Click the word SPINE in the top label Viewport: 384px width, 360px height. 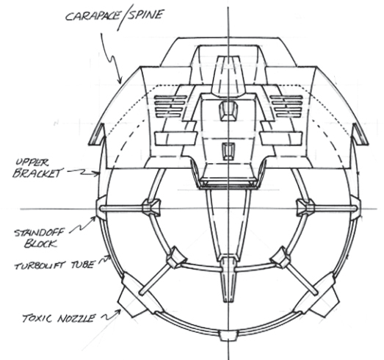click(145, 15)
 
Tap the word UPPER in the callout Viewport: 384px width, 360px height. click(32, 162)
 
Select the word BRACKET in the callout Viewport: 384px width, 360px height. click(37, 173)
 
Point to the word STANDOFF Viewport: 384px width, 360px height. click(39, 233)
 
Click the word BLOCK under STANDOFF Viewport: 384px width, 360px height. click(40, 244)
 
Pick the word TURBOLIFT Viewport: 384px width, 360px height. click(41, 265)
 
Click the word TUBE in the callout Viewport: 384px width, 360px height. click(82, 264)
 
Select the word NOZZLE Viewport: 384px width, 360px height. click(76, 319)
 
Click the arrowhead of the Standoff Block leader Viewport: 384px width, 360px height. click(93, 218)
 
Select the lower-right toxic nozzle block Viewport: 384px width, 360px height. click(318, 297)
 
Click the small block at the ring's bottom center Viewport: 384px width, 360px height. click(228, 336)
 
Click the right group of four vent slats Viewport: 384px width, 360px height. click(286, 107)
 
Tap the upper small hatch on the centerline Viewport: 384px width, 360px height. click(229, 112)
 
